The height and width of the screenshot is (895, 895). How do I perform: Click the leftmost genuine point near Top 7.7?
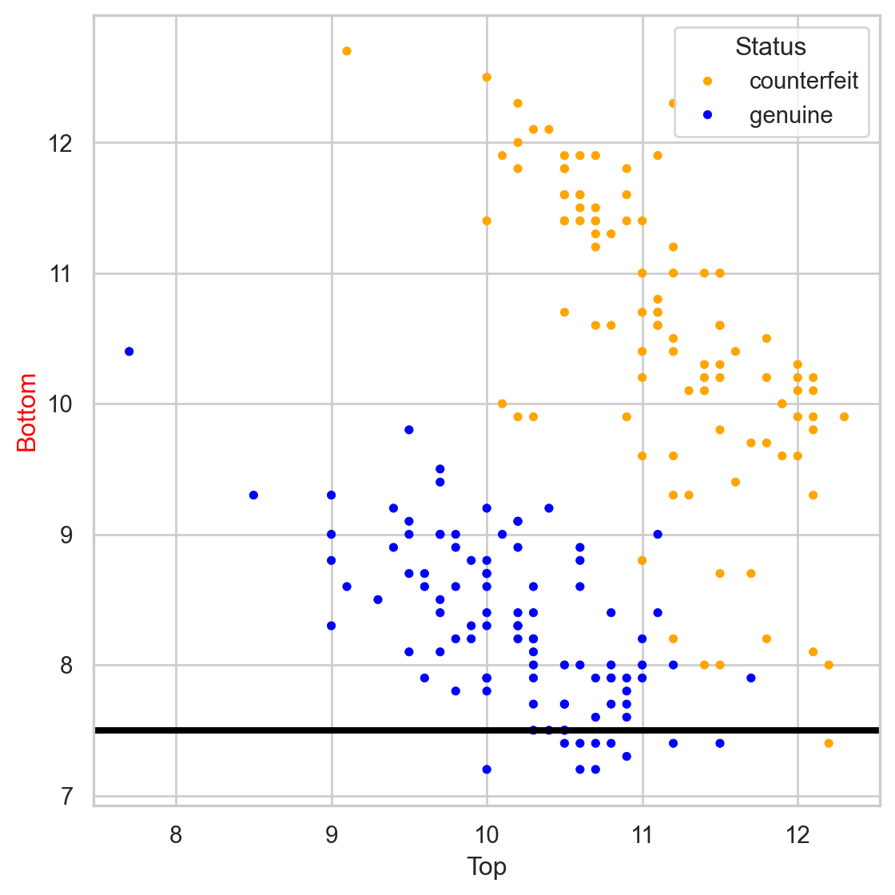pyautogui.click(x=129, y=352)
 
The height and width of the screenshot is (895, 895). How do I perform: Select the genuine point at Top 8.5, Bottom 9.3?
pyautogui.click(x=253, y=495)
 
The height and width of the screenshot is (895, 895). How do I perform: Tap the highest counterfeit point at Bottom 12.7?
pyautogui.click(x=347, y=51)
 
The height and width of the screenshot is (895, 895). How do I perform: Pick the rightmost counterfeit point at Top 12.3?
pyautogui.click(x=844, y=417)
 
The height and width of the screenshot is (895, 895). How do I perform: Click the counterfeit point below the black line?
pyautogui.click(x=829, y=743)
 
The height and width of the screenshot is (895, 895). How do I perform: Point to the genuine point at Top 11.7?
pyautogui.click(x=751, y=678)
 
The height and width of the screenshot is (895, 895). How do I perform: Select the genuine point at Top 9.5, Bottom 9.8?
pyautogui.click(x=409, y=430)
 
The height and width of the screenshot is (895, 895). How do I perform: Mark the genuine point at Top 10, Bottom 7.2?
pyautogui.click(x=487, y=770)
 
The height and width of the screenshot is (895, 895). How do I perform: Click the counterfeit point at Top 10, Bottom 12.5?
pyautogui.click(x=487, y=78)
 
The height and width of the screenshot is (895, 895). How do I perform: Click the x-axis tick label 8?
pyautogui.click(x=176, y=836)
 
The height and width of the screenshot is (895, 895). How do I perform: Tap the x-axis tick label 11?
pyautogui.click(x=642, y=836)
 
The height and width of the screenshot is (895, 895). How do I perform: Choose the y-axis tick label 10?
pyautogui.click(x=62, y=404)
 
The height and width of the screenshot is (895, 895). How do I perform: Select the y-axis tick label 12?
pyautogui.click(x=62, y=144)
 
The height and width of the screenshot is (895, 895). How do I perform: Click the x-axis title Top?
pyautogui.click(x=487, y=867)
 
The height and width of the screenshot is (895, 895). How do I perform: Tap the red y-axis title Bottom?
pyautogui.click(x=27, y=412)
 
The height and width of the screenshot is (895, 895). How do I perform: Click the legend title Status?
pyautogui.click(x=770, y=47)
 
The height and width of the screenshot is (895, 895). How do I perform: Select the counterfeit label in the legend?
pyautogui.click(x=803, y=82)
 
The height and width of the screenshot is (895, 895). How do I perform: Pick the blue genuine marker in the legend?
pyautogui.click(x=707, y=116)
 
